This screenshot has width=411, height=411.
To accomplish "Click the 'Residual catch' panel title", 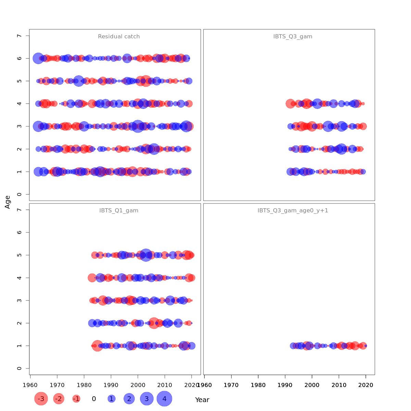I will pyautogui.click(x=119, y=37).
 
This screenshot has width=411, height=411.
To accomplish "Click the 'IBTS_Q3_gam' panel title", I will pyautogui.click(x=293, y=37).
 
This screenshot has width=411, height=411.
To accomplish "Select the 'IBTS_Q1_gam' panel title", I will pyautogui.click(x=119, y=211).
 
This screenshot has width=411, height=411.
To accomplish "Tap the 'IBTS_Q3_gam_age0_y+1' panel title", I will pyautogui.click(x=293, y=211).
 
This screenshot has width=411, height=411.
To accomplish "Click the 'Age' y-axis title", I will pyautogui.click(x=8, y=202).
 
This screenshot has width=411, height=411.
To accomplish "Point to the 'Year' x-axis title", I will pyautogui.click(x=202, y=400).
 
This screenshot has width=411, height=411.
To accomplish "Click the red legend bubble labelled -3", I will pyautogui.click(x=41, y=399).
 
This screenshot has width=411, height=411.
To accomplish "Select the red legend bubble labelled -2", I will pyautogui.click(x=59, y=399).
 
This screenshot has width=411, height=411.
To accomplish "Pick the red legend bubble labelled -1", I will pyautogui.click(x=76, y=399).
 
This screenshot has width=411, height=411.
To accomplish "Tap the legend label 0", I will pyautogui.click(x=94, y=399).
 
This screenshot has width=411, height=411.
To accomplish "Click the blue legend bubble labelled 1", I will pyautogui.click(x=111, y=399).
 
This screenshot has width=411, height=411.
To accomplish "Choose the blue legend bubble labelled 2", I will pyautogui.click(x=129, y=399).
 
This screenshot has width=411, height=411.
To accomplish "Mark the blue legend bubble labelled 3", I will pyautogui.click(x=147, y=399).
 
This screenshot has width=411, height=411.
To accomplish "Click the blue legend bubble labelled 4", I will pyautogui.click(x=164, y=399).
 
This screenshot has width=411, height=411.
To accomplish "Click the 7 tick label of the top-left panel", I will pyautogui.click(x=19, y=36).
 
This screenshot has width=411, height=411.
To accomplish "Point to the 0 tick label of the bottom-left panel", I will pyautogui.click(x=19, y=369).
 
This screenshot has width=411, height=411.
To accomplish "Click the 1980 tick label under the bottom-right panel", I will pyautogui.click(x=258, y=385).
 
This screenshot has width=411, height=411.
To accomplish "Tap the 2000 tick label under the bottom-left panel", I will pyautogui.click(x=138, y=385).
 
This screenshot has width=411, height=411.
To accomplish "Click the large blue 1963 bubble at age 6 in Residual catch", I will pyautogui.click(x=38, y=58).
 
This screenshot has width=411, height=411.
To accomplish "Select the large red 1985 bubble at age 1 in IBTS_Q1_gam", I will pyautogui.click(x=97, y=346).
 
